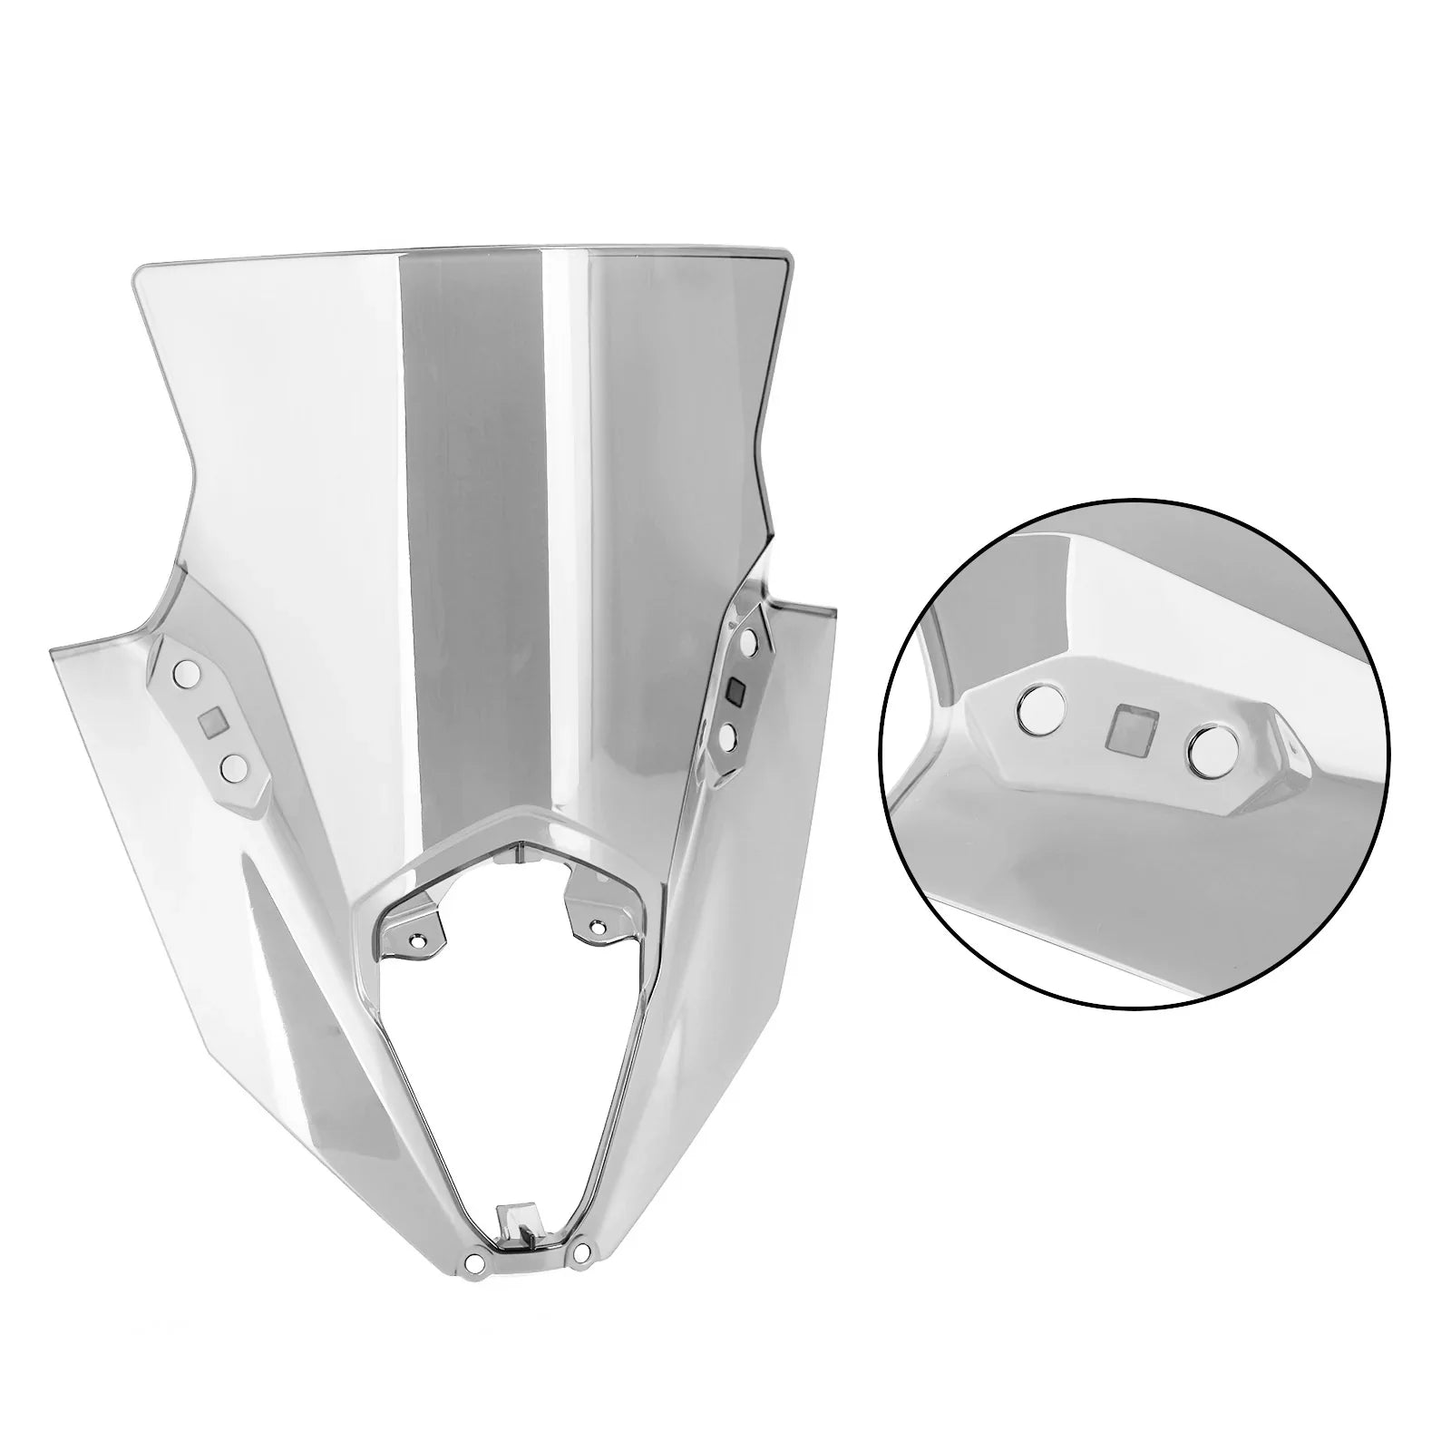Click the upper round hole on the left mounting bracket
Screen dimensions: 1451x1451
[x=188, y=673]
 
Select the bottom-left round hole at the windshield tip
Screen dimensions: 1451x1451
[x=472, y=1261]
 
